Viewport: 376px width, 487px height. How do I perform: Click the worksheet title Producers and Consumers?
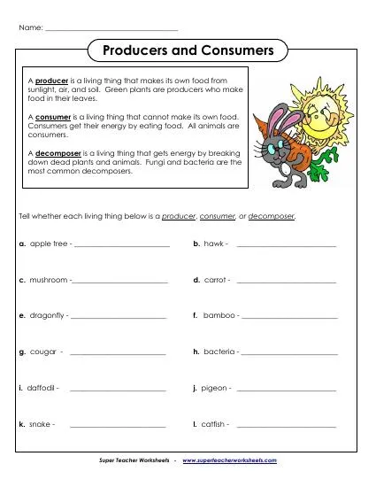click(x=188, y=50)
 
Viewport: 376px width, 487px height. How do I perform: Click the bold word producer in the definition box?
click(x=52, y=80)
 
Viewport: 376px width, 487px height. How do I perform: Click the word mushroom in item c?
click(x=49, y=280)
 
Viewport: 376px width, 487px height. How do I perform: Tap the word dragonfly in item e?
click(x=48, y=315)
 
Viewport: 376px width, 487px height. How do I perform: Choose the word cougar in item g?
click(x=43, y=352)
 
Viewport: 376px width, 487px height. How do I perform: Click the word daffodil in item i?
click(x=42, y=388)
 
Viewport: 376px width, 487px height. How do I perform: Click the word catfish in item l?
click(x=214, y=424)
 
